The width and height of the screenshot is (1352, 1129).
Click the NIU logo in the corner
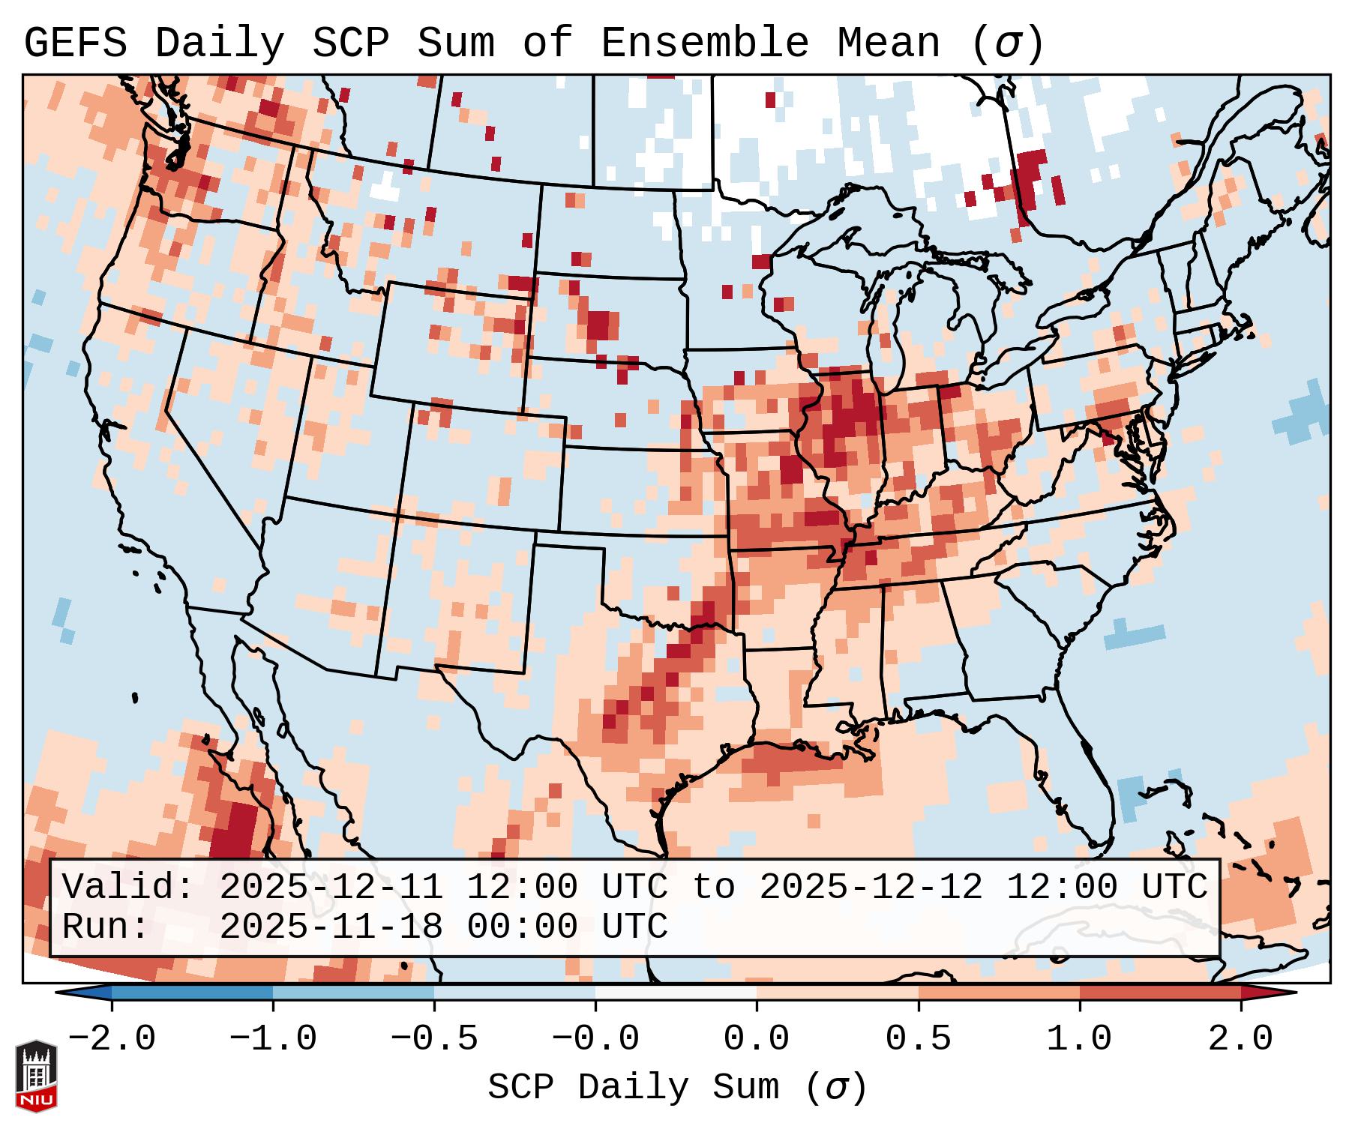tap(36, 1075)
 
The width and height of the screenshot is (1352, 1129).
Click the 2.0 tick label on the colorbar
tap(1240, 1039)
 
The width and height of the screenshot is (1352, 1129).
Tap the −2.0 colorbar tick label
tap(112, 1039)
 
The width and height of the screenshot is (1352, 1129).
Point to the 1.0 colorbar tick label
tap(1079, 1039)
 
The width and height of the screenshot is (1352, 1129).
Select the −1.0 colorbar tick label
tap(273, 1039)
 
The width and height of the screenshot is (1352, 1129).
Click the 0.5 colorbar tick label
tap(918, 1039)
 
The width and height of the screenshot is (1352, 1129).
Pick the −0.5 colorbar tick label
tap(434, 1039)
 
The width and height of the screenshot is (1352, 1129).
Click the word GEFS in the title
tap(76, 43)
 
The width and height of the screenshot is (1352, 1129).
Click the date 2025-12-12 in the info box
tap(871, 887)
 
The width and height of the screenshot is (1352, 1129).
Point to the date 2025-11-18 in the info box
tap(331, 927)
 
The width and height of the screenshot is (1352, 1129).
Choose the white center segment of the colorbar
tap(676, 993)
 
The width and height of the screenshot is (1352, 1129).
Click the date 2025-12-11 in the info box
tap(331, 887)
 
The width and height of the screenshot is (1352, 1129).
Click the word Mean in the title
tap(889, 43)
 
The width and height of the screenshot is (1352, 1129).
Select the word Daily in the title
tap(220, 43)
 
